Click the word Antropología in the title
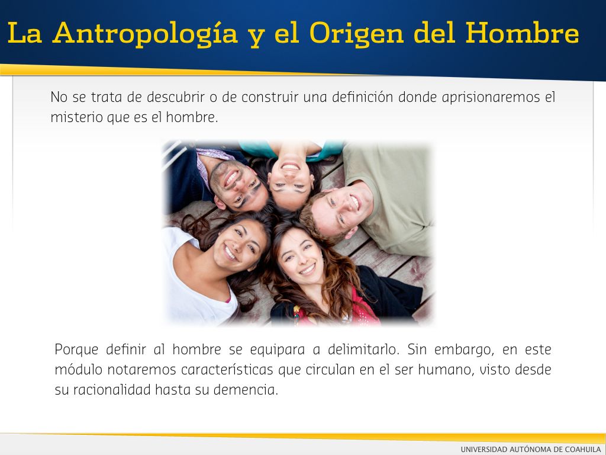pyautogui.click(x=146, y=34)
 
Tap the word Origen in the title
pyautogui.click(x=356, y=34)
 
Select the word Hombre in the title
pyautogui.click(x=522, y=33)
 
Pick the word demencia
pyautogui.click(x=246, y=390)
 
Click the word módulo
pyautogui.click(x=79, y=370)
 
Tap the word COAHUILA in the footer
pyautogui.click(x=583, y=449)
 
